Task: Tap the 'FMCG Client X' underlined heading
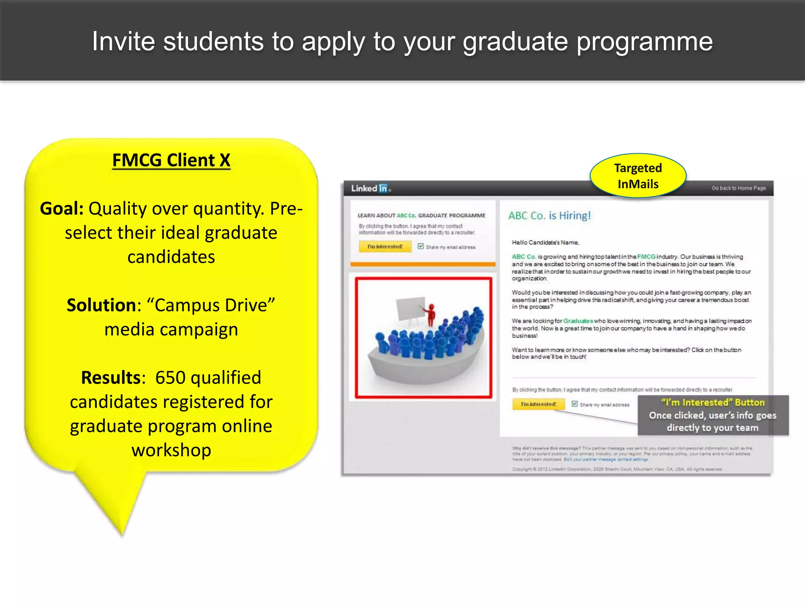(171, 160)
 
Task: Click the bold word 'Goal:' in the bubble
(62, 208)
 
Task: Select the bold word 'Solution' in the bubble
(101, 305)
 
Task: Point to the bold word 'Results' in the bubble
(110, 377)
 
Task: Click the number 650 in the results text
(170, 377)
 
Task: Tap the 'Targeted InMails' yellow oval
(638, 176)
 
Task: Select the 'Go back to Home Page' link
(738, 188)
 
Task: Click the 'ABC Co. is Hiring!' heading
(549, 215)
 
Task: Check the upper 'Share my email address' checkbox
(421, 246)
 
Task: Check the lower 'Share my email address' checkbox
(574, 404)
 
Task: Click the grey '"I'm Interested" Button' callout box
(712, 415)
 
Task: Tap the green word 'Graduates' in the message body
(578, 321)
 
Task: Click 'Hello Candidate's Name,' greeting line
(545, 242)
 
